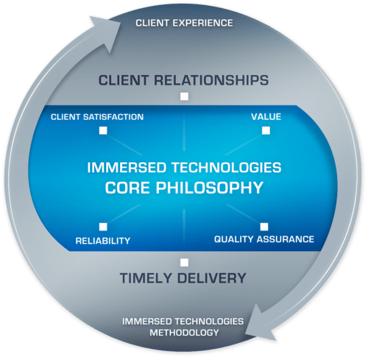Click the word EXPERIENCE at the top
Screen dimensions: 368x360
pos(202,23)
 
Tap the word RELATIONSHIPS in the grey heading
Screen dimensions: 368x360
pos(211,80)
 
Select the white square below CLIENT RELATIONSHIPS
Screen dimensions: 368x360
pos(185,96)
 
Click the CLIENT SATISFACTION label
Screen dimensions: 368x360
pos(97,117)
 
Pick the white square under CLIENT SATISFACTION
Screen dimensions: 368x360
pos(103,130)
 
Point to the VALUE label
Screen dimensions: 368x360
pos(266,116)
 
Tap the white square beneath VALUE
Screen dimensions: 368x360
pos(266,130)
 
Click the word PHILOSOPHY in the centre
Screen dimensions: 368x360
pos(210,188)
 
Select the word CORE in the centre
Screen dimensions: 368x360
pos(127,188)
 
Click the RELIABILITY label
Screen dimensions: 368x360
pos(103,241)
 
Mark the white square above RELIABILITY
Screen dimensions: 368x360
pos(103,227)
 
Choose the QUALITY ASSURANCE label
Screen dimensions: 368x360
pos(264,239)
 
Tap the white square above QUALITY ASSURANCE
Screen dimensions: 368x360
pos(264,227)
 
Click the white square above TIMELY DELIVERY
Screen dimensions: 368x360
pos(185,263)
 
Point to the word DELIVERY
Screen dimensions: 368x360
pos(211,278)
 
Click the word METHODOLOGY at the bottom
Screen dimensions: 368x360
pos(184,333)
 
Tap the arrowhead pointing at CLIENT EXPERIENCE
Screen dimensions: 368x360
pos(105,31)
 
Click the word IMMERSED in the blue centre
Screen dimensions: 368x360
pos(127,168)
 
